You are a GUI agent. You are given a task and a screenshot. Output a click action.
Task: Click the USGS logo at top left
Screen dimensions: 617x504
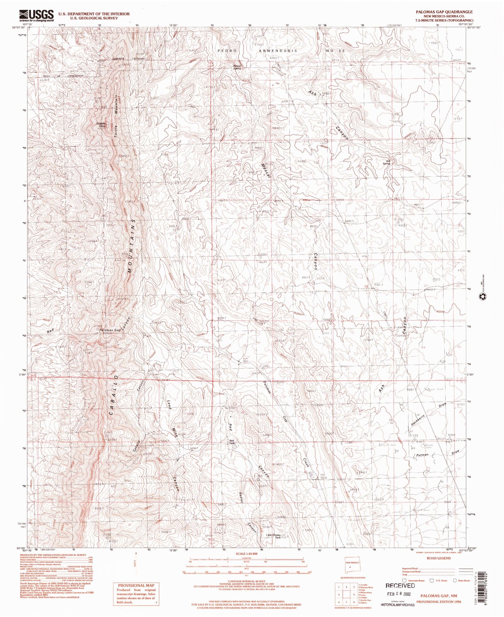pos(37,15)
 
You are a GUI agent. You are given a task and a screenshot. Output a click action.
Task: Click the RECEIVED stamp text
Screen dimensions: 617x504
pos(400,586)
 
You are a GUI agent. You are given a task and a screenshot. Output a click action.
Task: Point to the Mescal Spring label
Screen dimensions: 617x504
pos(237,67)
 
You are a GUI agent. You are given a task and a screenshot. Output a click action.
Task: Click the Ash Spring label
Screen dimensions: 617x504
pos(387,163)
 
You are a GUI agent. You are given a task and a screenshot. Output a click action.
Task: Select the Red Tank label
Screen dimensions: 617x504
pos(232,442)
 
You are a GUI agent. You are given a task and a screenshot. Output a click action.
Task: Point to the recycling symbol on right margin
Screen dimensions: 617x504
pos(482,296)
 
